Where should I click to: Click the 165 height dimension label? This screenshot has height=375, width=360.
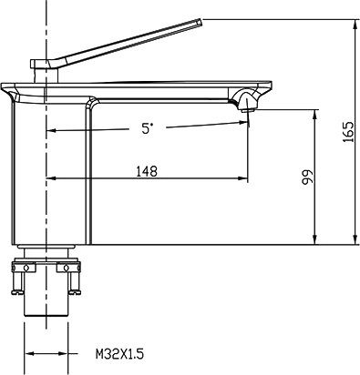click(348, 132)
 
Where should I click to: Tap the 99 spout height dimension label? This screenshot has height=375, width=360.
click(307, 177)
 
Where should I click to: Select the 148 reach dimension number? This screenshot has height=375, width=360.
click(147, 171)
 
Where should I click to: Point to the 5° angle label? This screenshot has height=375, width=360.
click(147, 128)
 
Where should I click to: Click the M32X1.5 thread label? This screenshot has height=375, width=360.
click(119, 354)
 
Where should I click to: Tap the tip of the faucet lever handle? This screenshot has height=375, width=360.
click(201, 20)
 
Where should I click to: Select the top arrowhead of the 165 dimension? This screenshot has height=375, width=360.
click(355, 23)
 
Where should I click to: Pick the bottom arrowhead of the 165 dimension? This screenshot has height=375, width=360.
click(355, 239)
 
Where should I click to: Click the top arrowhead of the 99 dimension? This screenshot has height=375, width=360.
click(314, 114)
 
